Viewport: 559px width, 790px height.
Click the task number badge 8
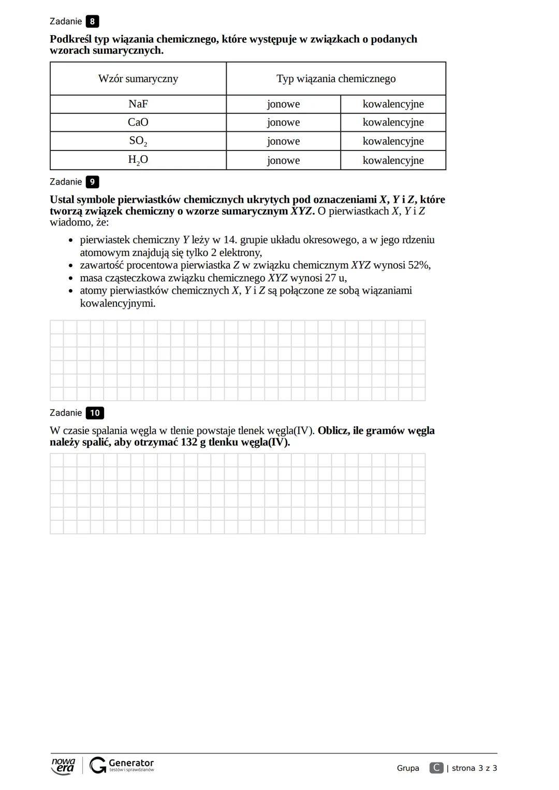click(x=92, y=22)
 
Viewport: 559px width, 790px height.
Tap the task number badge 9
click(x=92, y=182)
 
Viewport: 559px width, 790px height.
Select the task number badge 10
click(x=95, y=413)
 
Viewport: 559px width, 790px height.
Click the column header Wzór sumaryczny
click(x=138, y=79)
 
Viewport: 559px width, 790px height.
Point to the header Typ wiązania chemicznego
click(x=336, y=79)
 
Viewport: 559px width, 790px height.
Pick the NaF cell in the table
click(x=138, y=104)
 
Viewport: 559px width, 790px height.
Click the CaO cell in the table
click(x=138, y=122)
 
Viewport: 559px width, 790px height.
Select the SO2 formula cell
click(x=138, y=141)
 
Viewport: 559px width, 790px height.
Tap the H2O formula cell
click(x=138, y=160)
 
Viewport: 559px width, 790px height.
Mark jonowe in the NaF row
click(x=283, y=104)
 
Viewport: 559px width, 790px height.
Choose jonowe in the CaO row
click(x=283, y=122)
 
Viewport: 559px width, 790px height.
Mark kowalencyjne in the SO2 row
click(x=393, y=141)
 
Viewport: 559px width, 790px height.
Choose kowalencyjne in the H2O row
click(x=393, y=160)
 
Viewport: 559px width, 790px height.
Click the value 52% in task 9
click(x=419, y=265)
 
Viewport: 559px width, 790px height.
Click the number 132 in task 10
click(x=189, y=443)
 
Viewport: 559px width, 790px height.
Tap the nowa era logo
click(x=63, y=766)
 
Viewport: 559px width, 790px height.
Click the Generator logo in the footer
click(x=122, y=765)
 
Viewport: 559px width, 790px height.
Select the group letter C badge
click(x=436, y=768)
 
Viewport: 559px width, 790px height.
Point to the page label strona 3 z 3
click(x=474, y=768)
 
